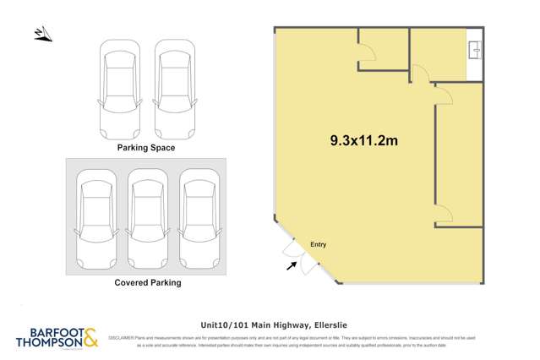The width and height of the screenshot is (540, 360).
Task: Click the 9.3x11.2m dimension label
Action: click(x=363, y=141)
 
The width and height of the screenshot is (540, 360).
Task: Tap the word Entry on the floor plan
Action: click(x=318, y=245)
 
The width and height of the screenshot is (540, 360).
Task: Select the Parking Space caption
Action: click(x=146, y=148)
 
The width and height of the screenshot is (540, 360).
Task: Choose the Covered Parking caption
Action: click(x=148, y=283)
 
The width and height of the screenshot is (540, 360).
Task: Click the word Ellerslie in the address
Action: click(x=330, y=324)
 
